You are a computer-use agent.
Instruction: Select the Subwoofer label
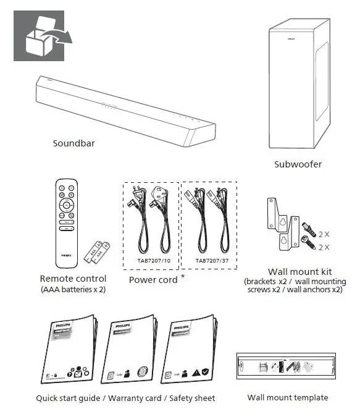pos(298,164)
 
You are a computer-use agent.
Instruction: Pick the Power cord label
pos(153,280)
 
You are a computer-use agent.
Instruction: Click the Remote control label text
pos(73,279)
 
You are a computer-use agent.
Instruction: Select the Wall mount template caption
pos(288,397)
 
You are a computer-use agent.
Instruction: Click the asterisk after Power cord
pos(183,277)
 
